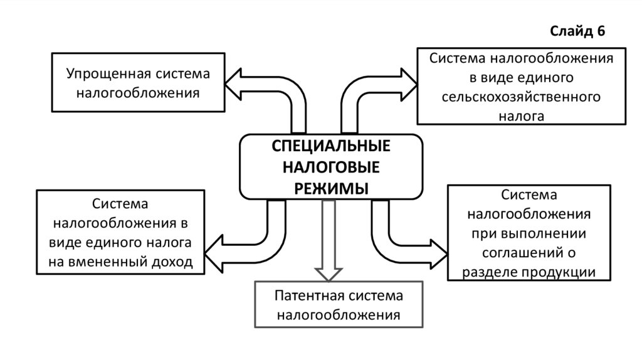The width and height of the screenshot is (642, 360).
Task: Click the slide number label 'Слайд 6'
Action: (x=577, y=32)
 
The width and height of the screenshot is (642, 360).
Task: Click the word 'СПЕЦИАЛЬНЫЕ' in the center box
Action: (x=330, y=146)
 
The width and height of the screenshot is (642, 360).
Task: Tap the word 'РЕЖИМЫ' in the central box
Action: (x=331, y=189)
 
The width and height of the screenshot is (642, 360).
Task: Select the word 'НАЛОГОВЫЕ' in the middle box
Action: (x=330, y=167)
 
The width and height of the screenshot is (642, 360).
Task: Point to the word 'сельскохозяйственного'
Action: (x=521, y=97)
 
